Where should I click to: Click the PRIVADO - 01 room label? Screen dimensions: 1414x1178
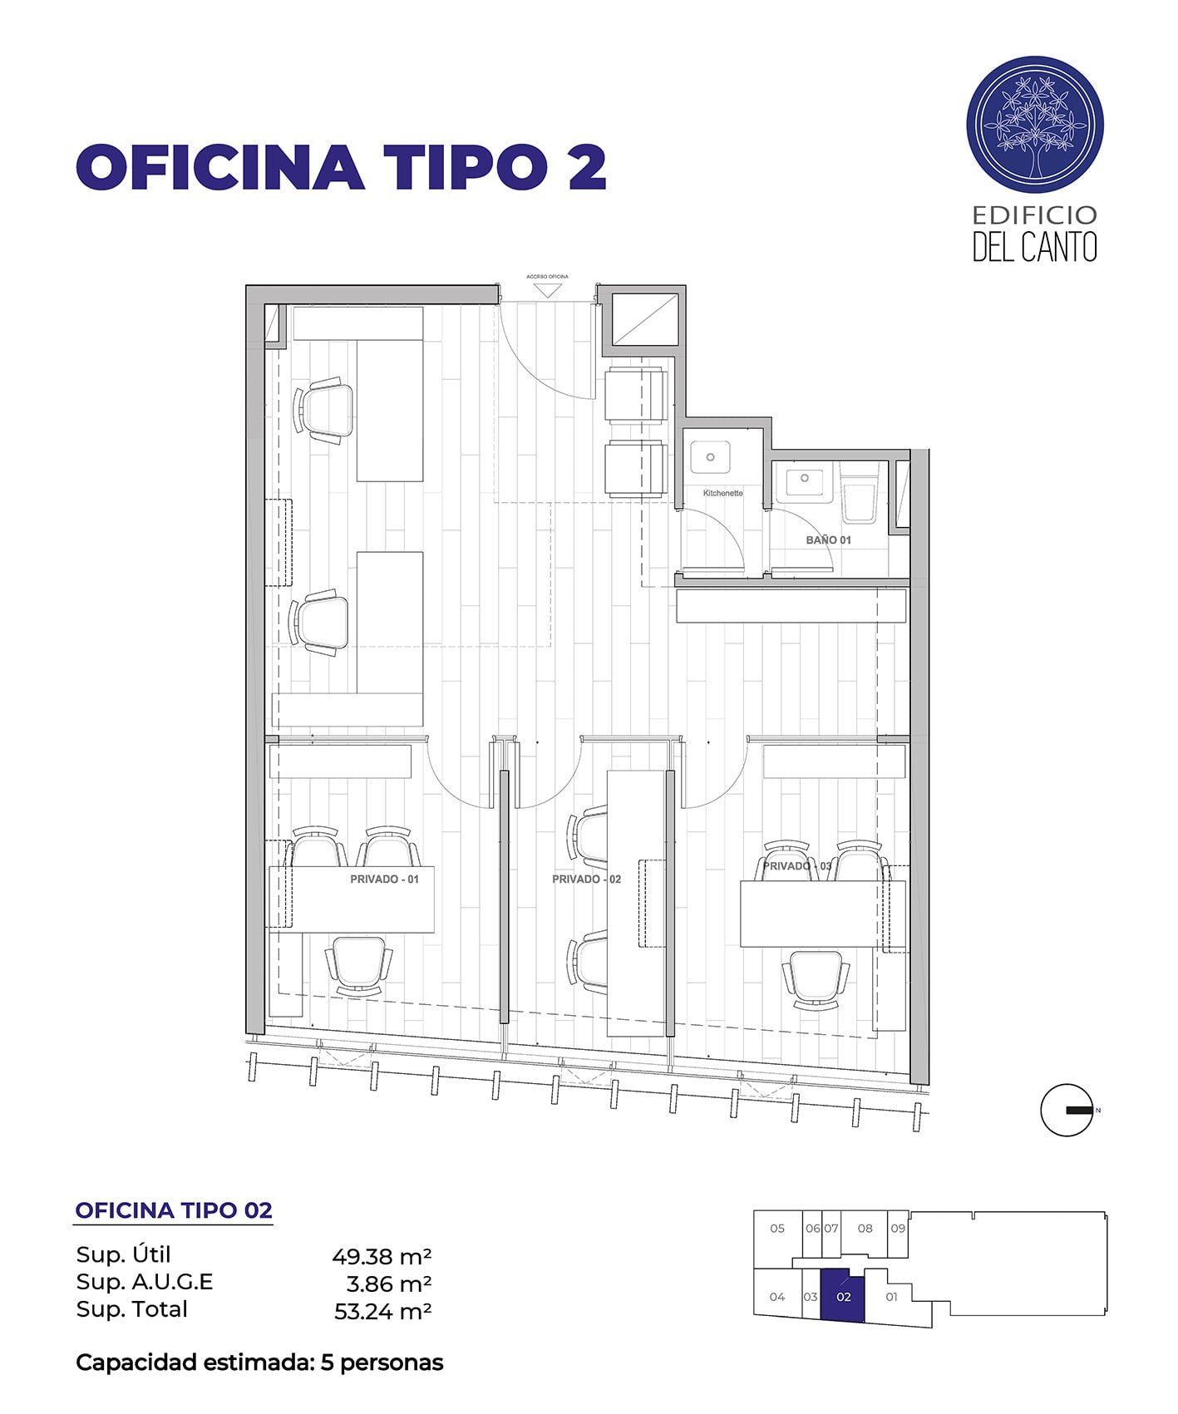tap(384, 879)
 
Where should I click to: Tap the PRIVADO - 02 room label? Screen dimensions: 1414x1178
tap(586, 879)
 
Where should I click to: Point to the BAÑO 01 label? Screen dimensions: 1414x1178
tap(828, 539)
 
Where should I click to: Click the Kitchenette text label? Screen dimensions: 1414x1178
tap(722, 493)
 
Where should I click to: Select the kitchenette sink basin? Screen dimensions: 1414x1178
tap(711, 457)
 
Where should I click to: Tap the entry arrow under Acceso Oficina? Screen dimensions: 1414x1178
tap(547, 290)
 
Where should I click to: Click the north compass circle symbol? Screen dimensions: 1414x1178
tap(1067, 1110)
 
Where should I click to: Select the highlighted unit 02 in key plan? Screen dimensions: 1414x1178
tap(843, 1296)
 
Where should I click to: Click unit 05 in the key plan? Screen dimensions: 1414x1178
tap(777, 1228)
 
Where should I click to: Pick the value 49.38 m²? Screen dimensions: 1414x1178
tap(382, 1255)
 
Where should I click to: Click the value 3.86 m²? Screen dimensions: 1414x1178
tap(388, 1283)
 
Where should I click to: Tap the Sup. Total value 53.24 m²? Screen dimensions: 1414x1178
tap(382, 1312)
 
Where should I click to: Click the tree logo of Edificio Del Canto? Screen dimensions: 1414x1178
tap(1035, 126)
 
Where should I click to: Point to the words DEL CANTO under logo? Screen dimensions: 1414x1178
tap(1035, 247)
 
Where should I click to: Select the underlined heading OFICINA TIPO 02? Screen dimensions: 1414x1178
tap(174, 1210)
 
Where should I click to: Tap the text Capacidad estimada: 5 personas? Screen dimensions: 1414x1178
tap(259, 1362)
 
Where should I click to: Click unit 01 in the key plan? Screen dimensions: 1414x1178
tap(891, 1296)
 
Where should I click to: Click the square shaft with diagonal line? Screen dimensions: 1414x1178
tap(646, 318)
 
